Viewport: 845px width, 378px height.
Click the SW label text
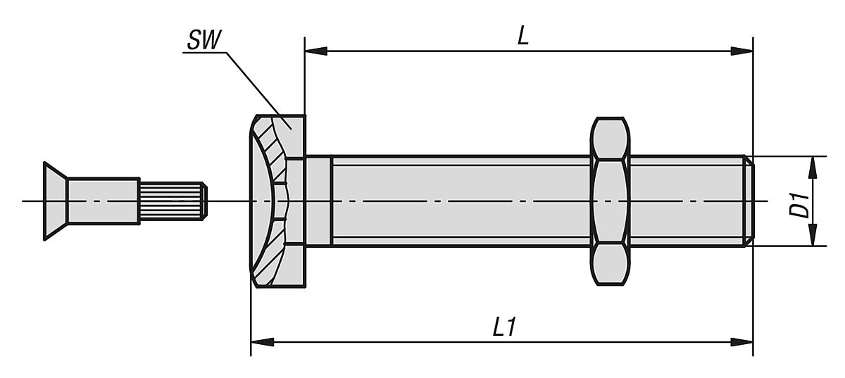coord(202,42)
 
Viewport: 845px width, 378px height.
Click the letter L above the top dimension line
coord(522,37)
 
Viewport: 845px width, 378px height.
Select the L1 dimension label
coord(503,327)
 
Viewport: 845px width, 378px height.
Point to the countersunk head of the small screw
coord(56,201)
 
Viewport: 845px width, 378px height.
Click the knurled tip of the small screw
coord(173,201)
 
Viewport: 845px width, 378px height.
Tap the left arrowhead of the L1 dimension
coord(263,342)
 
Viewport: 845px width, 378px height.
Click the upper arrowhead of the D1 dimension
coord(813,168)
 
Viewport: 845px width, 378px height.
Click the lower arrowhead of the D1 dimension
coord(813,235)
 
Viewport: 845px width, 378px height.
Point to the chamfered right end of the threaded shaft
coord(749,201)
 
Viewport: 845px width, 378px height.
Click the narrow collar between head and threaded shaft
coord(318,201)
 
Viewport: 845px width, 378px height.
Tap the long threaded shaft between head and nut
coord(458,201)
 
